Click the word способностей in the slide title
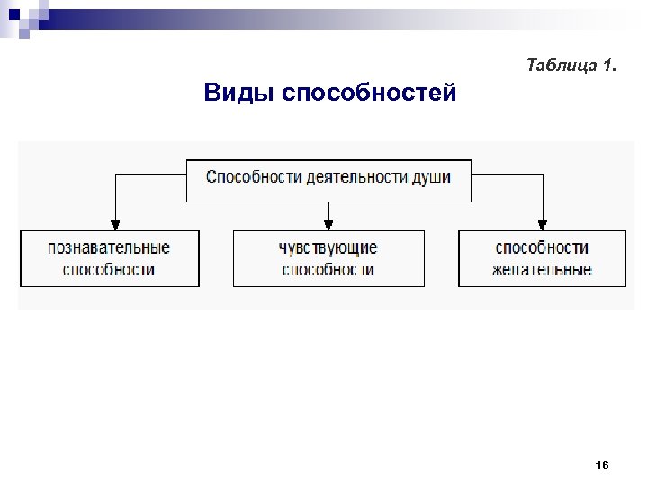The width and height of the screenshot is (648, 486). click(369, 94)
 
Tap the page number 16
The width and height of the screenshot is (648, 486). click(602, 464)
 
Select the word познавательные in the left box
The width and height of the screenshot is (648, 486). click(109, 247)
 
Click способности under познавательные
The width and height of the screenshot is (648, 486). click(109, 269)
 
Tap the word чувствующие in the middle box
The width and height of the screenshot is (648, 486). click(328, 247)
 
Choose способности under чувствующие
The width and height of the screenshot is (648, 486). click(328, 269)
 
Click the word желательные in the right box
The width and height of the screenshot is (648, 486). click(542, 269)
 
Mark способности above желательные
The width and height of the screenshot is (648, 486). click(542, 247)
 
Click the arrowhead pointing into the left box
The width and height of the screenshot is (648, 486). click(114, 225)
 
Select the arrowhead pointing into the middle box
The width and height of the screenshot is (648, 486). click(328, 225)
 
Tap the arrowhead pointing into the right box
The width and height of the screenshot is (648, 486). click(543, 225)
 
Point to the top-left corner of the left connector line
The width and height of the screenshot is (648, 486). click(114, 175)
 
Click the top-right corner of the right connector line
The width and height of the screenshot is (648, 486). click(543, 175)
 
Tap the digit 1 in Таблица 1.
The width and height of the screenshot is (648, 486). click(608, 66)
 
